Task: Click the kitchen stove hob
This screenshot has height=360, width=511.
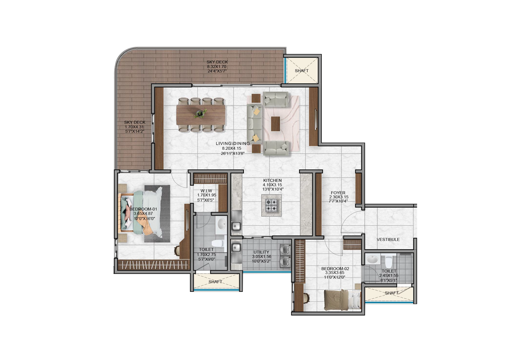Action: click(x=271, y=205)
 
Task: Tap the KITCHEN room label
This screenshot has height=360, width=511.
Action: click(x=272, y=181)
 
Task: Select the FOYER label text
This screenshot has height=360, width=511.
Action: click(x=338, y=193)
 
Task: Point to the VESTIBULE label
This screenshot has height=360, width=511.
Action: click(x=388, y=239)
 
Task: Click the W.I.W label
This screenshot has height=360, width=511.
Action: click(x=207, y=191)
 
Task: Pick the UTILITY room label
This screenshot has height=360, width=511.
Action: click(x=261, y=252)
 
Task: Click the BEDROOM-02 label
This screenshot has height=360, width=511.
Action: click(x=335, y=268)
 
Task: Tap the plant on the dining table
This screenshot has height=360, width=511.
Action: click(x=200, y=113)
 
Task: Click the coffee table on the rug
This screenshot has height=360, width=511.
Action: click(x=275, y=124)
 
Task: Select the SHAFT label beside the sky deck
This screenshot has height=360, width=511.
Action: click(x=301, y=71)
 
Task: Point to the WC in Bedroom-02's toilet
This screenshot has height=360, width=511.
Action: click(x=388, y=262)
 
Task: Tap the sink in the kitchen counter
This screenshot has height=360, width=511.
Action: click(x=236, y=226)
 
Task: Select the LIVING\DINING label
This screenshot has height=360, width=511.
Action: click(x=233, y=144)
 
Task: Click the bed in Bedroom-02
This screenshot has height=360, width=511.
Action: click(x=343, y=300)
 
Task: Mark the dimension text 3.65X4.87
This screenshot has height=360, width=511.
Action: click(x=143, y=214)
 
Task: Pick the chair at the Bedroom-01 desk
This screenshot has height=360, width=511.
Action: click(x=177, y=250)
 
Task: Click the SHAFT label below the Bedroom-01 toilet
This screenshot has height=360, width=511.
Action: click(x=215, y=282)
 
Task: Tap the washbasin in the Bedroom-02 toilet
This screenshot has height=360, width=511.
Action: click(x=372, y=260)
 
